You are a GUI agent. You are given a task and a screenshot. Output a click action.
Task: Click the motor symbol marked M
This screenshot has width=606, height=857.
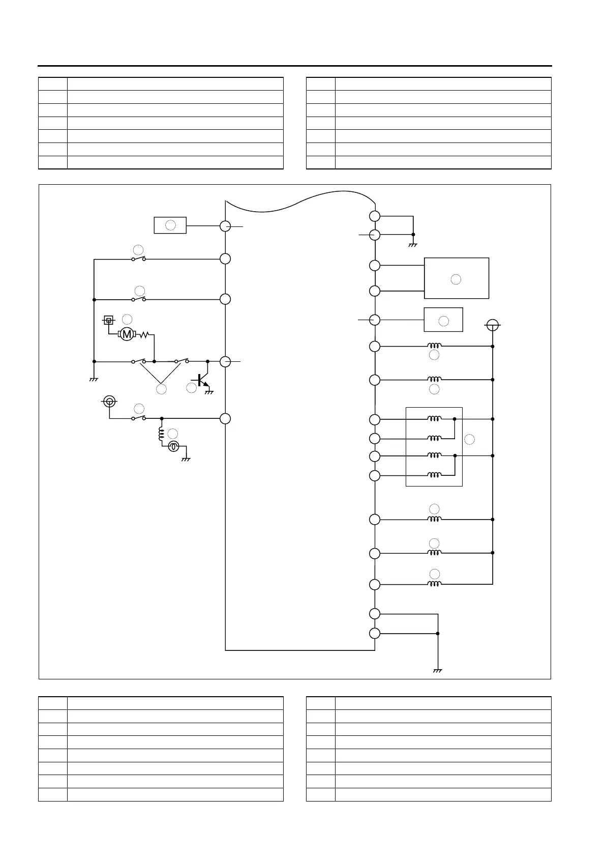click(127, 334)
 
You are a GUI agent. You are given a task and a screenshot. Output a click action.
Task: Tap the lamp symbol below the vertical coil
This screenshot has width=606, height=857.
click(173, 446)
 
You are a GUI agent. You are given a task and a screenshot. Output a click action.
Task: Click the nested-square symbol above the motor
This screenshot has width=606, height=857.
click(108, 320)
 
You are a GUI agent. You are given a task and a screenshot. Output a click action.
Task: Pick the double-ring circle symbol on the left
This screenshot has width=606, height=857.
click(109, 402)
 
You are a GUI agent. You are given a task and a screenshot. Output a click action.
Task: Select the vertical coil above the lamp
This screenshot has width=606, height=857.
click(162, 434)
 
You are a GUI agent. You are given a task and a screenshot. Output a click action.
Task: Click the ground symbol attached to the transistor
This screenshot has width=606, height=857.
click(208, 392)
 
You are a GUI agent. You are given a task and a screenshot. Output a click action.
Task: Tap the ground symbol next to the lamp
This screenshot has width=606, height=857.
click(186, 458)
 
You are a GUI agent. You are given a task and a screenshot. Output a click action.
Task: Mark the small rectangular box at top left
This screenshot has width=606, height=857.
click(170, 225)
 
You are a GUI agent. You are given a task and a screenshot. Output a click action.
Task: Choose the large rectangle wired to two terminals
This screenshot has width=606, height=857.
click(457, 278)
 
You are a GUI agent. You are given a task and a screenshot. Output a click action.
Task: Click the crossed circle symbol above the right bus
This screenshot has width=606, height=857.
click(492, 325)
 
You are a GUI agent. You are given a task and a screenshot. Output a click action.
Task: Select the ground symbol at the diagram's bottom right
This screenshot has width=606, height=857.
click(438, 670)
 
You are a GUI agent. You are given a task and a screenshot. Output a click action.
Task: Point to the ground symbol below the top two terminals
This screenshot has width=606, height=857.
click(413, 245)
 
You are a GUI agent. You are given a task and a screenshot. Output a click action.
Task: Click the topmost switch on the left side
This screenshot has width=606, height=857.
click(138, 259)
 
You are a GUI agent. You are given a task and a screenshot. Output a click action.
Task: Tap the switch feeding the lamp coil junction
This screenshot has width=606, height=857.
click(138, 418)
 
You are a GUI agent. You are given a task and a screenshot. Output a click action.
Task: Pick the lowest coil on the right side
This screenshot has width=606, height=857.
click(434, 584)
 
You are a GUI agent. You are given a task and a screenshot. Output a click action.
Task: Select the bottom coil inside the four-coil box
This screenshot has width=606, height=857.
click(434, 475)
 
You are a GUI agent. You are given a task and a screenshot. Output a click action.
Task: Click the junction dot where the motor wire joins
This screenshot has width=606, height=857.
click(154, 361)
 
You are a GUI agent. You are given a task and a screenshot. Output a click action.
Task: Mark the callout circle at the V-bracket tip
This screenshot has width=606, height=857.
click(161, 389)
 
